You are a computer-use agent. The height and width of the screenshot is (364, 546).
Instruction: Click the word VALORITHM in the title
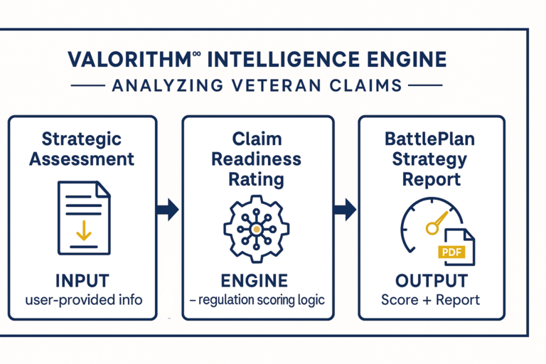[x=129, y=59]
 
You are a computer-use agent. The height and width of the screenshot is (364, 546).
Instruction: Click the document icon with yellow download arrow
[x=84, y=218]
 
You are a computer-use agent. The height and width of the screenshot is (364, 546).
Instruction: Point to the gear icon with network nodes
[x=256, y=229]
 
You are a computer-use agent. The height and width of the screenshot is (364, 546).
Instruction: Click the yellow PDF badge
[x=451, y=252]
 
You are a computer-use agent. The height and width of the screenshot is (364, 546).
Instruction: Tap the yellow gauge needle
[x=437, y=223]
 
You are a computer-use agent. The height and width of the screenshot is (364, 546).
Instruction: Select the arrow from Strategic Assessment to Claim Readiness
[x=168, y=210]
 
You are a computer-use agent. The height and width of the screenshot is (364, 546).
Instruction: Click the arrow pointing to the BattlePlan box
[x=345, y=210]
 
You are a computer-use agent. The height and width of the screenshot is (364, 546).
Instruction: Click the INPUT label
[x=82, y=281]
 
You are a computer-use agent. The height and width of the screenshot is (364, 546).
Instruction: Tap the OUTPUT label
[x=432, y=281]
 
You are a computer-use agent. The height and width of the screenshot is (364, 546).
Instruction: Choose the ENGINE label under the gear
[x=255, y=281]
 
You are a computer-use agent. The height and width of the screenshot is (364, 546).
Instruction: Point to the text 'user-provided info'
[x=84, y=300]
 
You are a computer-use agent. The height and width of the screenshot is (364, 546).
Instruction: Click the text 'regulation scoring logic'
[x=262, y=300]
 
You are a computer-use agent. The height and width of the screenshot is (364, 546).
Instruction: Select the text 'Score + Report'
[x=430, y=300]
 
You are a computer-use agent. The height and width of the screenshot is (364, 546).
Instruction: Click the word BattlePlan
[x=429, y=139]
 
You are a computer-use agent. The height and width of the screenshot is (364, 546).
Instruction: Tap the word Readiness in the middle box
[x=256, y=159]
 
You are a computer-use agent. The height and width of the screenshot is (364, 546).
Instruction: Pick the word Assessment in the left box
[x=82, y=159]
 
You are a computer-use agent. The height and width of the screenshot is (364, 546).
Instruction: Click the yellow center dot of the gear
[x=257, y=229]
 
